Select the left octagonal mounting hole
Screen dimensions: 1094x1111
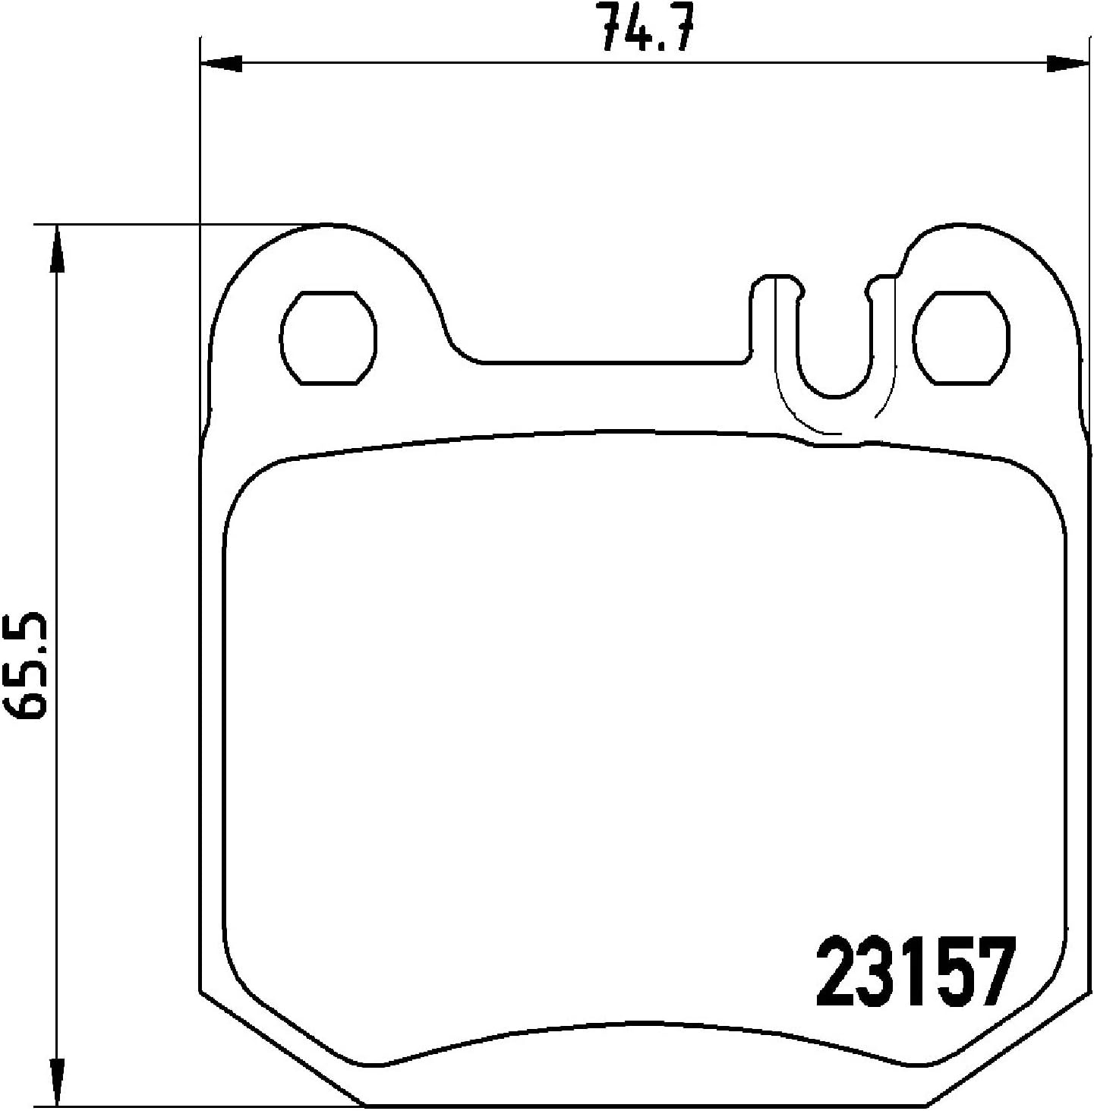[329, 338]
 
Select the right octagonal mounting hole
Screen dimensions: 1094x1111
[961, 338]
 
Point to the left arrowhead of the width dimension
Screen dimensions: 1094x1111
[221, 64]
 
